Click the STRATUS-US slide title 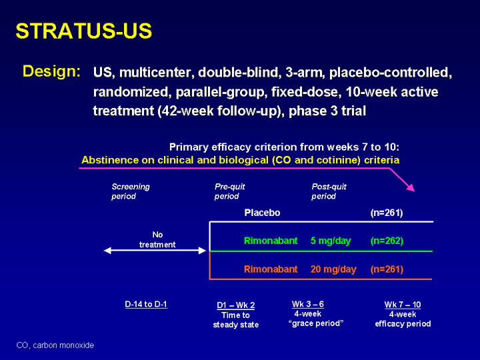click(84, 31)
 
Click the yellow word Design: click(52, 71)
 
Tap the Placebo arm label click(262, 213)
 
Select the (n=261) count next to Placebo click(387, 213)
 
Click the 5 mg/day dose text click(331, 241)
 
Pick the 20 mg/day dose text click(333, 269)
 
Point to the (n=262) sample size click(387, 241)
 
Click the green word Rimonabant click(271, 241)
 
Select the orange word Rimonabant click(271, 269)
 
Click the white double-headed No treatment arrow click(155, 251)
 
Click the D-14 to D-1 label click(146, 304)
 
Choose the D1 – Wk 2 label click(236, 305)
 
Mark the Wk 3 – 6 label click(308, 304)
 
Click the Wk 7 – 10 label click(403, 305)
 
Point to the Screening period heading click(130, 191)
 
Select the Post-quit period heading click(329, 191)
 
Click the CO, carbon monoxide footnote click(55, 345)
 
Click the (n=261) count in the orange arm click(387, 269)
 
